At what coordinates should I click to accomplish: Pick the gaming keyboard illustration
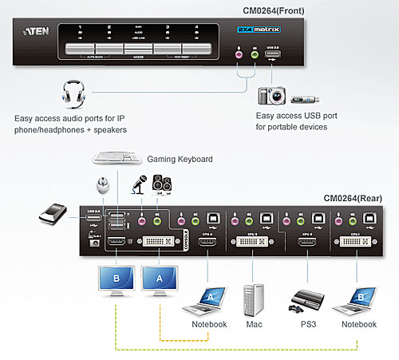117,157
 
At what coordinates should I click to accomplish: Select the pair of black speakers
160,184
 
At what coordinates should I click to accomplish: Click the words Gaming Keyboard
180,160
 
